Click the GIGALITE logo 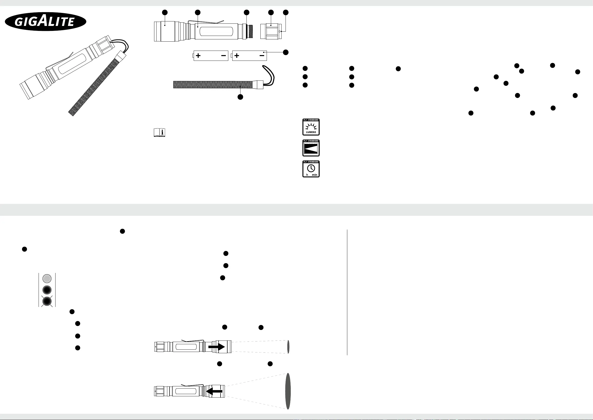click(x=46, y=21)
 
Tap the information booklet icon click(x=159, y=132)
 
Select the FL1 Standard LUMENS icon click(x=311, y=127)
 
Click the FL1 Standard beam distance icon click(x=311, y=148)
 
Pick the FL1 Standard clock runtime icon click(x=311, y=169)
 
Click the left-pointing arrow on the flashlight click(x=214, y=391)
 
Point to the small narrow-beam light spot click(x=288, y=347)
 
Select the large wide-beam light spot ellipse click(x=288, y=391)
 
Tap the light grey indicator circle click(x=47, y=278)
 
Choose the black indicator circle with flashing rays click(x=47, y=301)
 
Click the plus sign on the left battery click(x=198, y=56)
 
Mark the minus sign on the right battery click(x=262, y=56)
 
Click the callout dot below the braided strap click(x=240, y=97)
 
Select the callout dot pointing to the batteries click(x=286, y=52)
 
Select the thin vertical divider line click(x=347, y=292)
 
